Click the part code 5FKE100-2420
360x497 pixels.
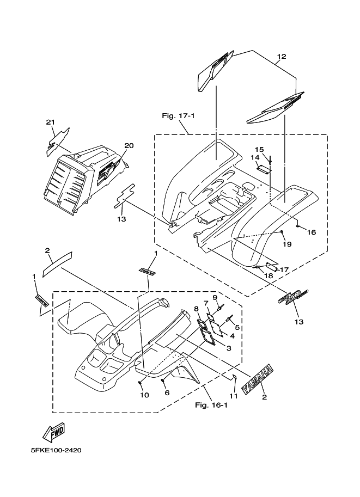pyautogui.click(x=56, y=451)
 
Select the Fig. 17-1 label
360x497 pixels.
pyautogui.click(x=175, y=116)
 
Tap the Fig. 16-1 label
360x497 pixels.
pyautogui.click(x=210, y=405)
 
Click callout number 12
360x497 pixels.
pyautogui.click(x=281, y=57)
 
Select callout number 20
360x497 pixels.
pyautogui.click(x=129, y=146)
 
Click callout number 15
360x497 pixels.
pyautogui.click(x=259, y=150)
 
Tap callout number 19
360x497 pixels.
pyautogui.click(x=287, y=244)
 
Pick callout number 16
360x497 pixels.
pyautogui.click(x=312, y=232)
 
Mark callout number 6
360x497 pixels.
pyautogui.click(x=167, y=392)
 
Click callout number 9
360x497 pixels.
pyautogui.click(x=215, y=297)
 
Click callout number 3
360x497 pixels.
pyautogui.click(x=229, y=348)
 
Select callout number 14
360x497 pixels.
pyautogui.click(x=255, y=158)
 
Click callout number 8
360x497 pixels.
pyautogui.click(x=196, y=309)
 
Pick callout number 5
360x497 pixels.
pyautogui.click(x=237, y=327)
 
